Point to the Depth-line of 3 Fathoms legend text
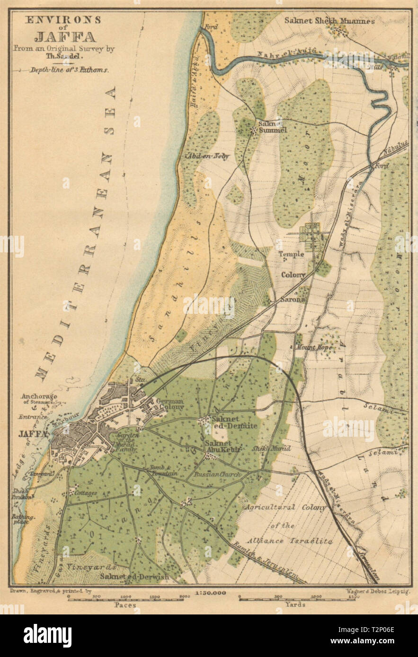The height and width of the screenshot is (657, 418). tap(70, 69)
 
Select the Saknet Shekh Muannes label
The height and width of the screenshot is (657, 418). tap(329, 21)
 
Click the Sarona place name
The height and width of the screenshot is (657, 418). tap(293, 299)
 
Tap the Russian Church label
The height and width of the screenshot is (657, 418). tap(218, 474)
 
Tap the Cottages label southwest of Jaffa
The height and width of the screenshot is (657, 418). tap(86, 493)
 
